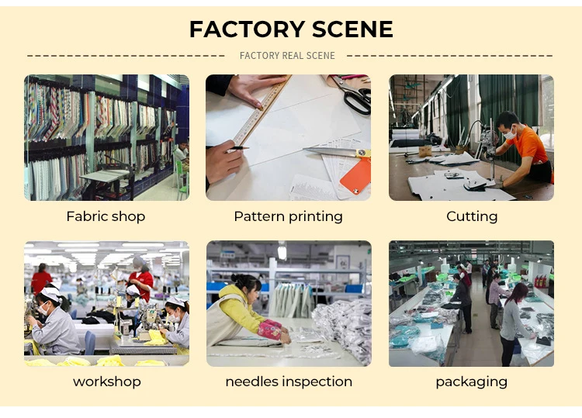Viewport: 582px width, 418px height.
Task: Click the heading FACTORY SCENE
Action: tap(291, 29)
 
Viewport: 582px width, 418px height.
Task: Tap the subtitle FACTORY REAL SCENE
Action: tap(287, 56)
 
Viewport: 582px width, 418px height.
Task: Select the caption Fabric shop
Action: tap(106, 216)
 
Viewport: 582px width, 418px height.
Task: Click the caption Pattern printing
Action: tap(288, 216)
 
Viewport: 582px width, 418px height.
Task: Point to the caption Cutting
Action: tap(472, 216)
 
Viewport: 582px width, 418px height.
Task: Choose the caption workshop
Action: tap(107, 381)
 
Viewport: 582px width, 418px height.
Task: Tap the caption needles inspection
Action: tap(289, 381)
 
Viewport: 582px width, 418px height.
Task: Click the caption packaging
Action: tap(471, 381)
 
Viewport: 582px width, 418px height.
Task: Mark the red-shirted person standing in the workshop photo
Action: tap(141, 281)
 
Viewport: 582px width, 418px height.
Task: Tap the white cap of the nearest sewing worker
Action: tap(50, 292)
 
